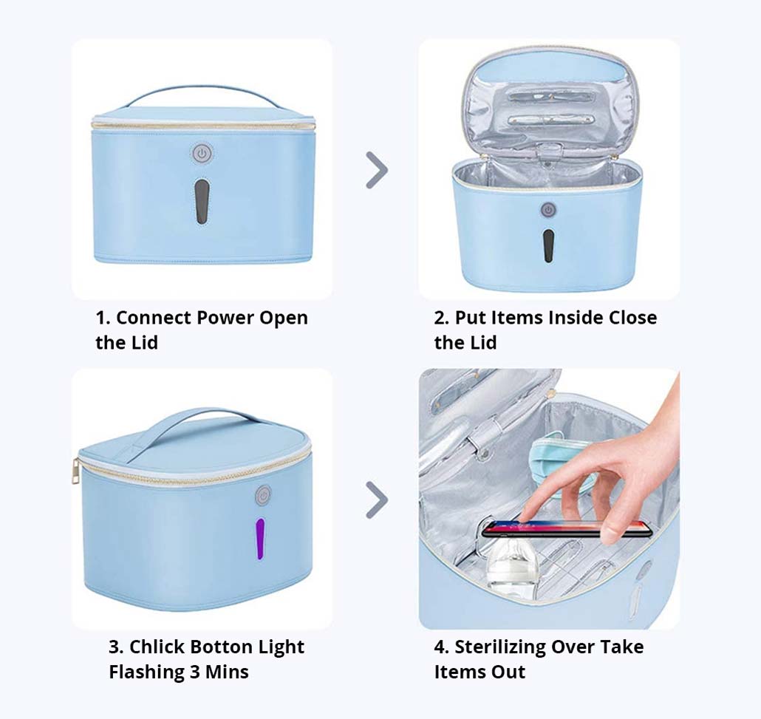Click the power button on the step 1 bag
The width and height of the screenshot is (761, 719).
(x=202, y=154)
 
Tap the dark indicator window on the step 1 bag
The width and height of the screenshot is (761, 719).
(x=202, y=202)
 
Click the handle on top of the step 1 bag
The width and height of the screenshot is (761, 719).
(x=202, y=96)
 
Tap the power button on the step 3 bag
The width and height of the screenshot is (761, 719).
(x=264, y=496)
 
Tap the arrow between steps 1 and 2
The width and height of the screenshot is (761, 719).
(x=377, y=170)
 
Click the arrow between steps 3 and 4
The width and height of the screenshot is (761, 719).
(x=377, y=500)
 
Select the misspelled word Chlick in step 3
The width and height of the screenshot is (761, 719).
(x=157, y=647)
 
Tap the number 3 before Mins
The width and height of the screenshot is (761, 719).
(x=194, y=672)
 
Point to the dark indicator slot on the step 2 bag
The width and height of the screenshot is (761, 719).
(x=548, y=245)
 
